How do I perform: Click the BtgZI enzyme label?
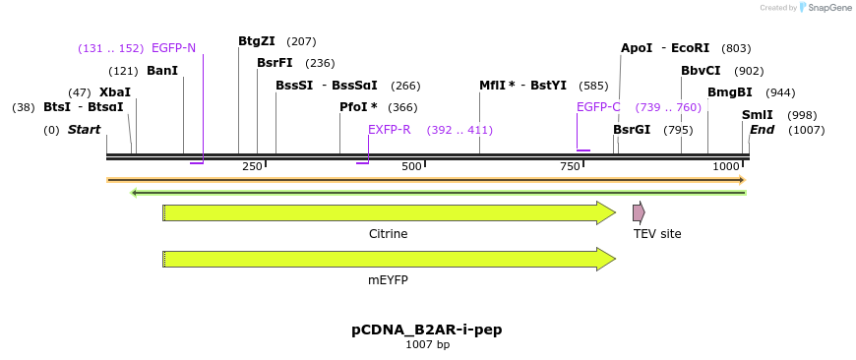256,41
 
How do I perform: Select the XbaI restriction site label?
115,92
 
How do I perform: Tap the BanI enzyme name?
162,71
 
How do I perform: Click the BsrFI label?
275,63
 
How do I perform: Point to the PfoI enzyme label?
358,107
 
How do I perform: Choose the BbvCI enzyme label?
701,71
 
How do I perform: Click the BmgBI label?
729,92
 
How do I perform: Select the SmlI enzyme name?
758,115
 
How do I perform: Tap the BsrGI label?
632,130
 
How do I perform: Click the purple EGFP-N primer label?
173,48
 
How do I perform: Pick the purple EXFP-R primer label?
390,130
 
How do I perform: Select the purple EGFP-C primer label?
598,107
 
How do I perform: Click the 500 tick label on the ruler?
411,167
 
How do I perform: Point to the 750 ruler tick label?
570,167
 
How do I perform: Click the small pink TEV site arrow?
639,212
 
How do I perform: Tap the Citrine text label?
388,234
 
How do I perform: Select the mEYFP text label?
388,280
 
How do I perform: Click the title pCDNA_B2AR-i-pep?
427,330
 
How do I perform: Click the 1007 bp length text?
427,345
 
